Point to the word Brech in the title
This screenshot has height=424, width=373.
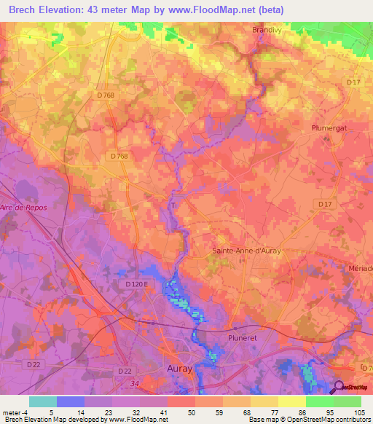click(x=27, y=9)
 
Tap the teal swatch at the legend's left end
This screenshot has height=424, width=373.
click(x=42, y=401)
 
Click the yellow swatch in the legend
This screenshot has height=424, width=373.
click(x=291, y=401)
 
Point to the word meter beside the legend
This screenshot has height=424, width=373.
click(x=10, y=412)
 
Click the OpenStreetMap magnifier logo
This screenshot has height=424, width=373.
click(x=339, y=387)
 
